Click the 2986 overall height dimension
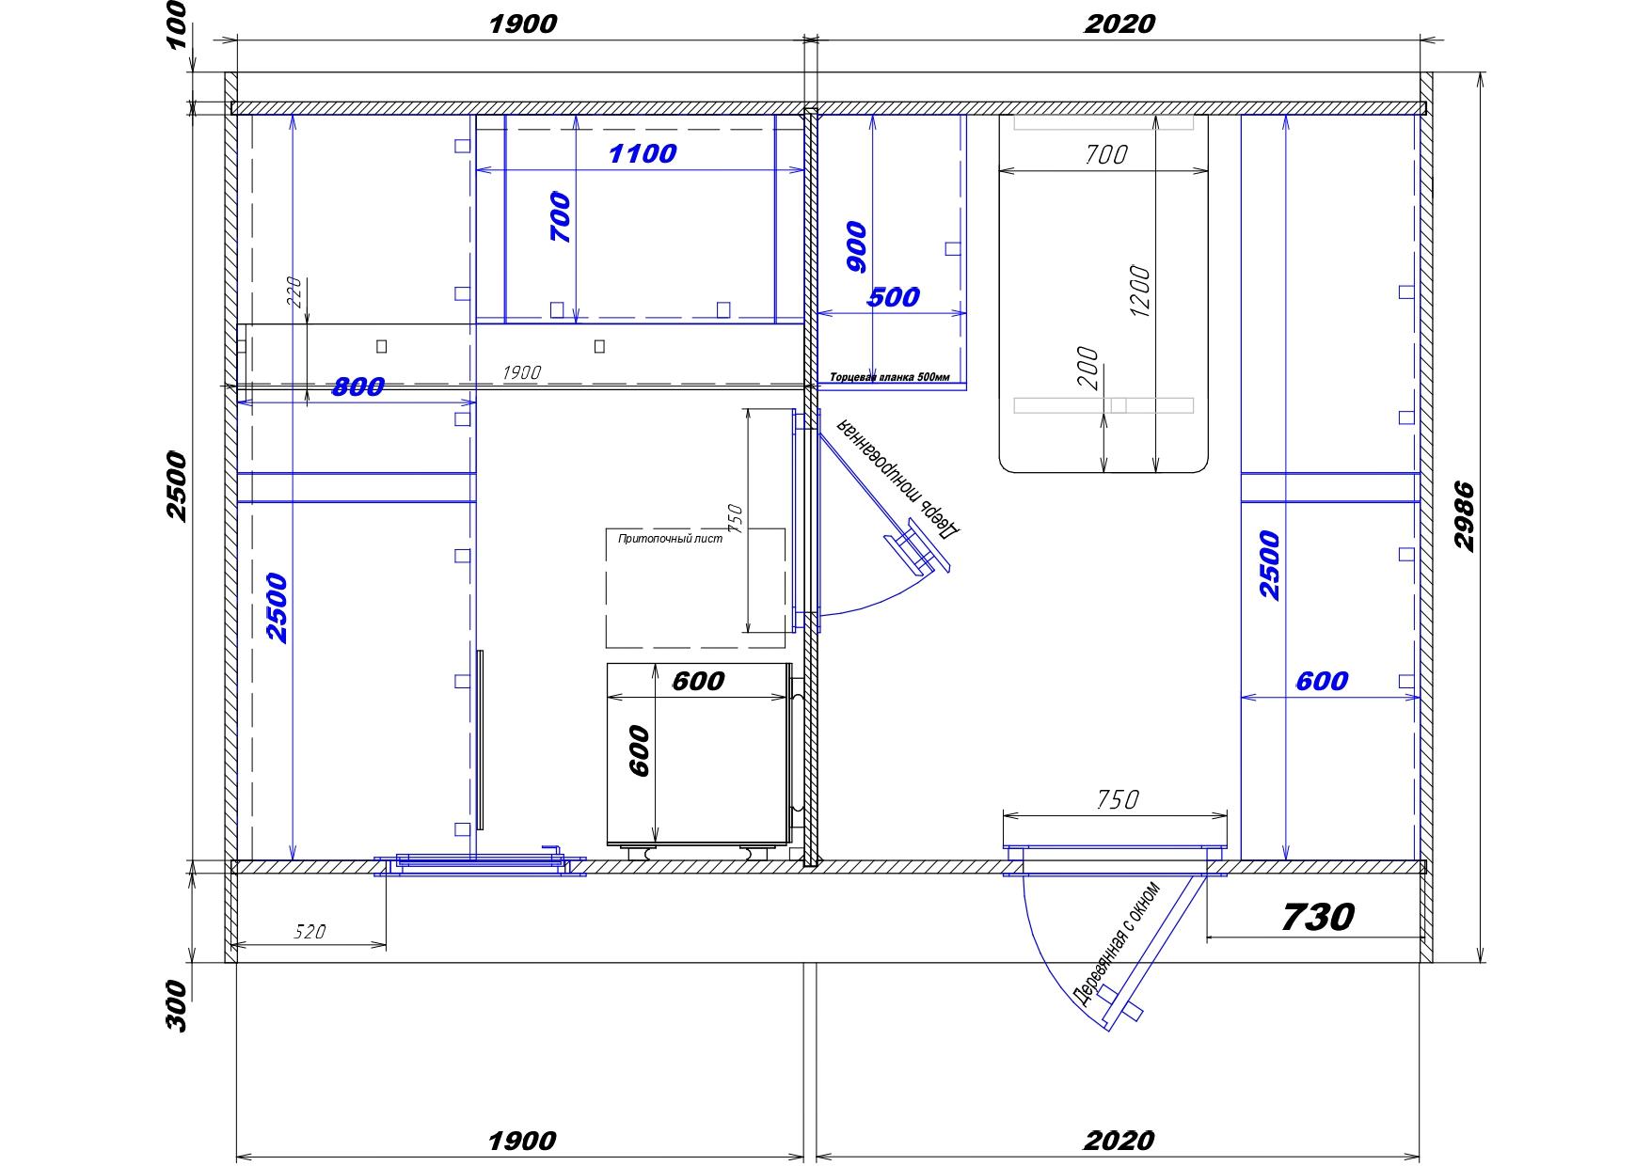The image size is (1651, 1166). point(1465,516)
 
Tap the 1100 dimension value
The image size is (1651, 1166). point(643,153)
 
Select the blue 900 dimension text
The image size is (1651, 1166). point(857,246)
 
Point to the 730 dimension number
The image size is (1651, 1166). point(1318,916)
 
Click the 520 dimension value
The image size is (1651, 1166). point(310,932)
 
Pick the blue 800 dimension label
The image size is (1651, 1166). point(358,386)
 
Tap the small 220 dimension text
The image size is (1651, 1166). point(293,292)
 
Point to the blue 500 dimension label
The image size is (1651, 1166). point(893,297)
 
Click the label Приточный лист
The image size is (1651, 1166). point(670,539)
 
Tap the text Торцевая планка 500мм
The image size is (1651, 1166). point(890,378)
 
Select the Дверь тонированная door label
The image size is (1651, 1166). point(899,476)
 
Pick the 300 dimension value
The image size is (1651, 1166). point(178,1006)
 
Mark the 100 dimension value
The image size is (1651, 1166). point(178,24)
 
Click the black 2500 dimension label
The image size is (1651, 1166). point(178,486)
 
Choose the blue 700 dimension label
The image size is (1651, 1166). point(561,217)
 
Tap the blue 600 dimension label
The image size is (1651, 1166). point(1322,681)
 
